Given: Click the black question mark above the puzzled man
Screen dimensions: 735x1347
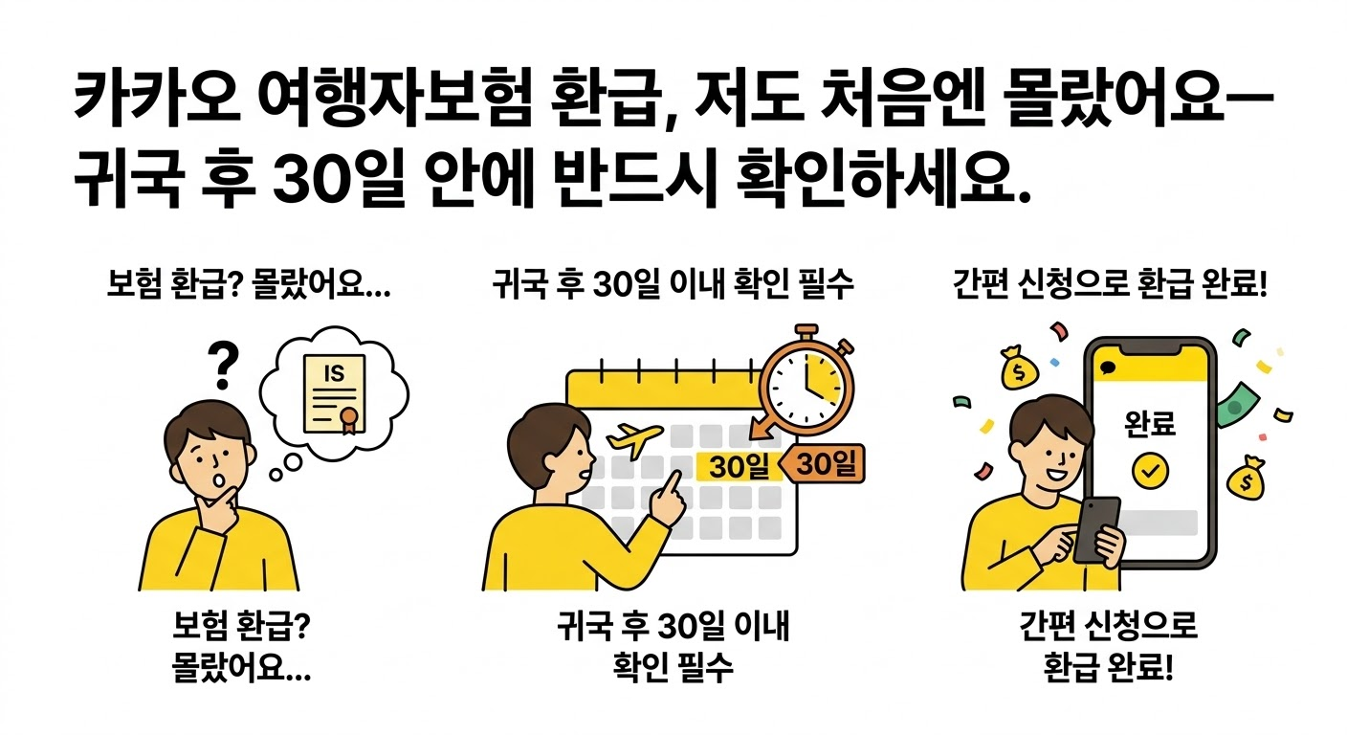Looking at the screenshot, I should point(223,365).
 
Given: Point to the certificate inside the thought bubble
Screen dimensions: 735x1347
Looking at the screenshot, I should point(334,391).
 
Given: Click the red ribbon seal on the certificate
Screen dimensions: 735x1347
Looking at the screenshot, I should point(350,418).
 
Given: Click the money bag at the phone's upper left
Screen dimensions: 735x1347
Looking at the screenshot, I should point(1017,369).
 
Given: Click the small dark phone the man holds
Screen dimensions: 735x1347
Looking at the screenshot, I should point(1096,527).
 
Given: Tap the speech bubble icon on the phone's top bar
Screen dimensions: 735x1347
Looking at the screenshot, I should point(1108,367).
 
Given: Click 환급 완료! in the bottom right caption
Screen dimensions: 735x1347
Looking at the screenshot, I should point(1109,667).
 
